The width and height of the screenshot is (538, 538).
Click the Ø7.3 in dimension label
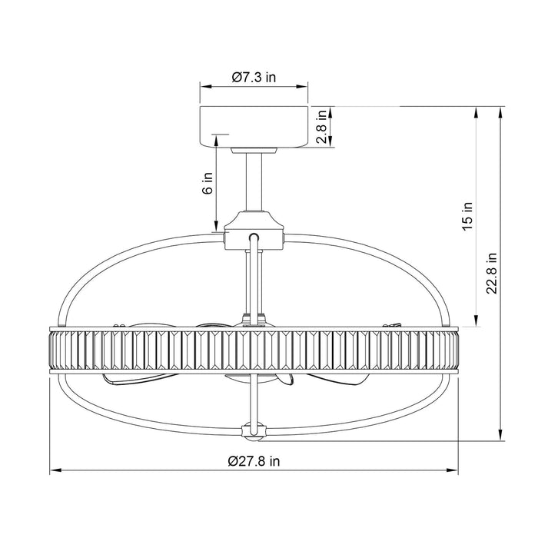[254, 77]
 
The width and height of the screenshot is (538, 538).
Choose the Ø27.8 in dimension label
[254, 461]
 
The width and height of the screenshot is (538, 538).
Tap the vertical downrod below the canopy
[254, 181]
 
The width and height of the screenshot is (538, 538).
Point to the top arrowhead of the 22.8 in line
[500, 110]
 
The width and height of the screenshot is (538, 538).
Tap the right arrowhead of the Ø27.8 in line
[454, 470]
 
